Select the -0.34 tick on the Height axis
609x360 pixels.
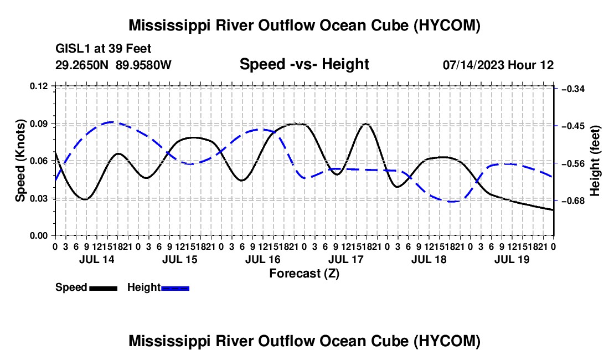pos(573,89)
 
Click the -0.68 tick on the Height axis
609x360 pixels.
pos(573,201)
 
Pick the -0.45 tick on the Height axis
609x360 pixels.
pos(573,126)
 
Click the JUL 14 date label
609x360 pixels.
pos(97,259)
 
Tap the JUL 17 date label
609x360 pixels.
pos(345,259)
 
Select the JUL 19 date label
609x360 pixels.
pos(512,259)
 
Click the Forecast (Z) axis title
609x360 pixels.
pos(304,274)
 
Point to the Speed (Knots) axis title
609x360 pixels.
pos(20,161)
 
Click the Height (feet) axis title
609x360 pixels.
pos(595,161)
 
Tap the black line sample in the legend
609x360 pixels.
pos(104,289)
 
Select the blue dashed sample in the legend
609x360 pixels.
pos(175,289)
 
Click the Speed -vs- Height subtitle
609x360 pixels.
pos(304,64)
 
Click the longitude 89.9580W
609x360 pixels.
pos(143,65)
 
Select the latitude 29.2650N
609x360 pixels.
pos(82,65)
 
